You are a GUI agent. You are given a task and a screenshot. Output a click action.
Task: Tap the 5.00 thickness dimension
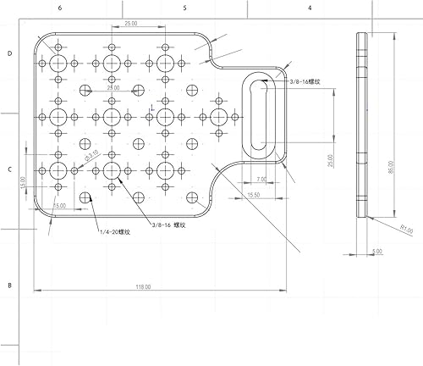(377, 251)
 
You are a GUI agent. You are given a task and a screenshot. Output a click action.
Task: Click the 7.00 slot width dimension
(260, 180)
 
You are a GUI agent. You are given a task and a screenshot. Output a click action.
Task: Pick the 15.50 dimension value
(253, 196)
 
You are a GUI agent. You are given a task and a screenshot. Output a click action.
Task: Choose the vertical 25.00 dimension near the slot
(332, 159)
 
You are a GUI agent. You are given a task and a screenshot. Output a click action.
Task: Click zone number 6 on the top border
(59, 7)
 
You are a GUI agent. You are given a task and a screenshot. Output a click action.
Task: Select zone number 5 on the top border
(184, 7)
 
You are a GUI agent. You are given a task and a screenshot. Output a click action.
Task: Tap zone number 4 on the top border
(310, 7)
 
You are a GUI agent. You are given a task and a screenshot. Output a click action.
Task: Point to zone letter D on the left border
(8, 53)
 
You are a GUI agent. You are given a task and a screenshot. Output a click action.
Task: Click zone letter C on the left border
(8, 170)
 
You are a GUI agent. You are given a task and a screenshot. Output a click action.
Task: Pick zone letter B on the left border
(8, 286)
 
